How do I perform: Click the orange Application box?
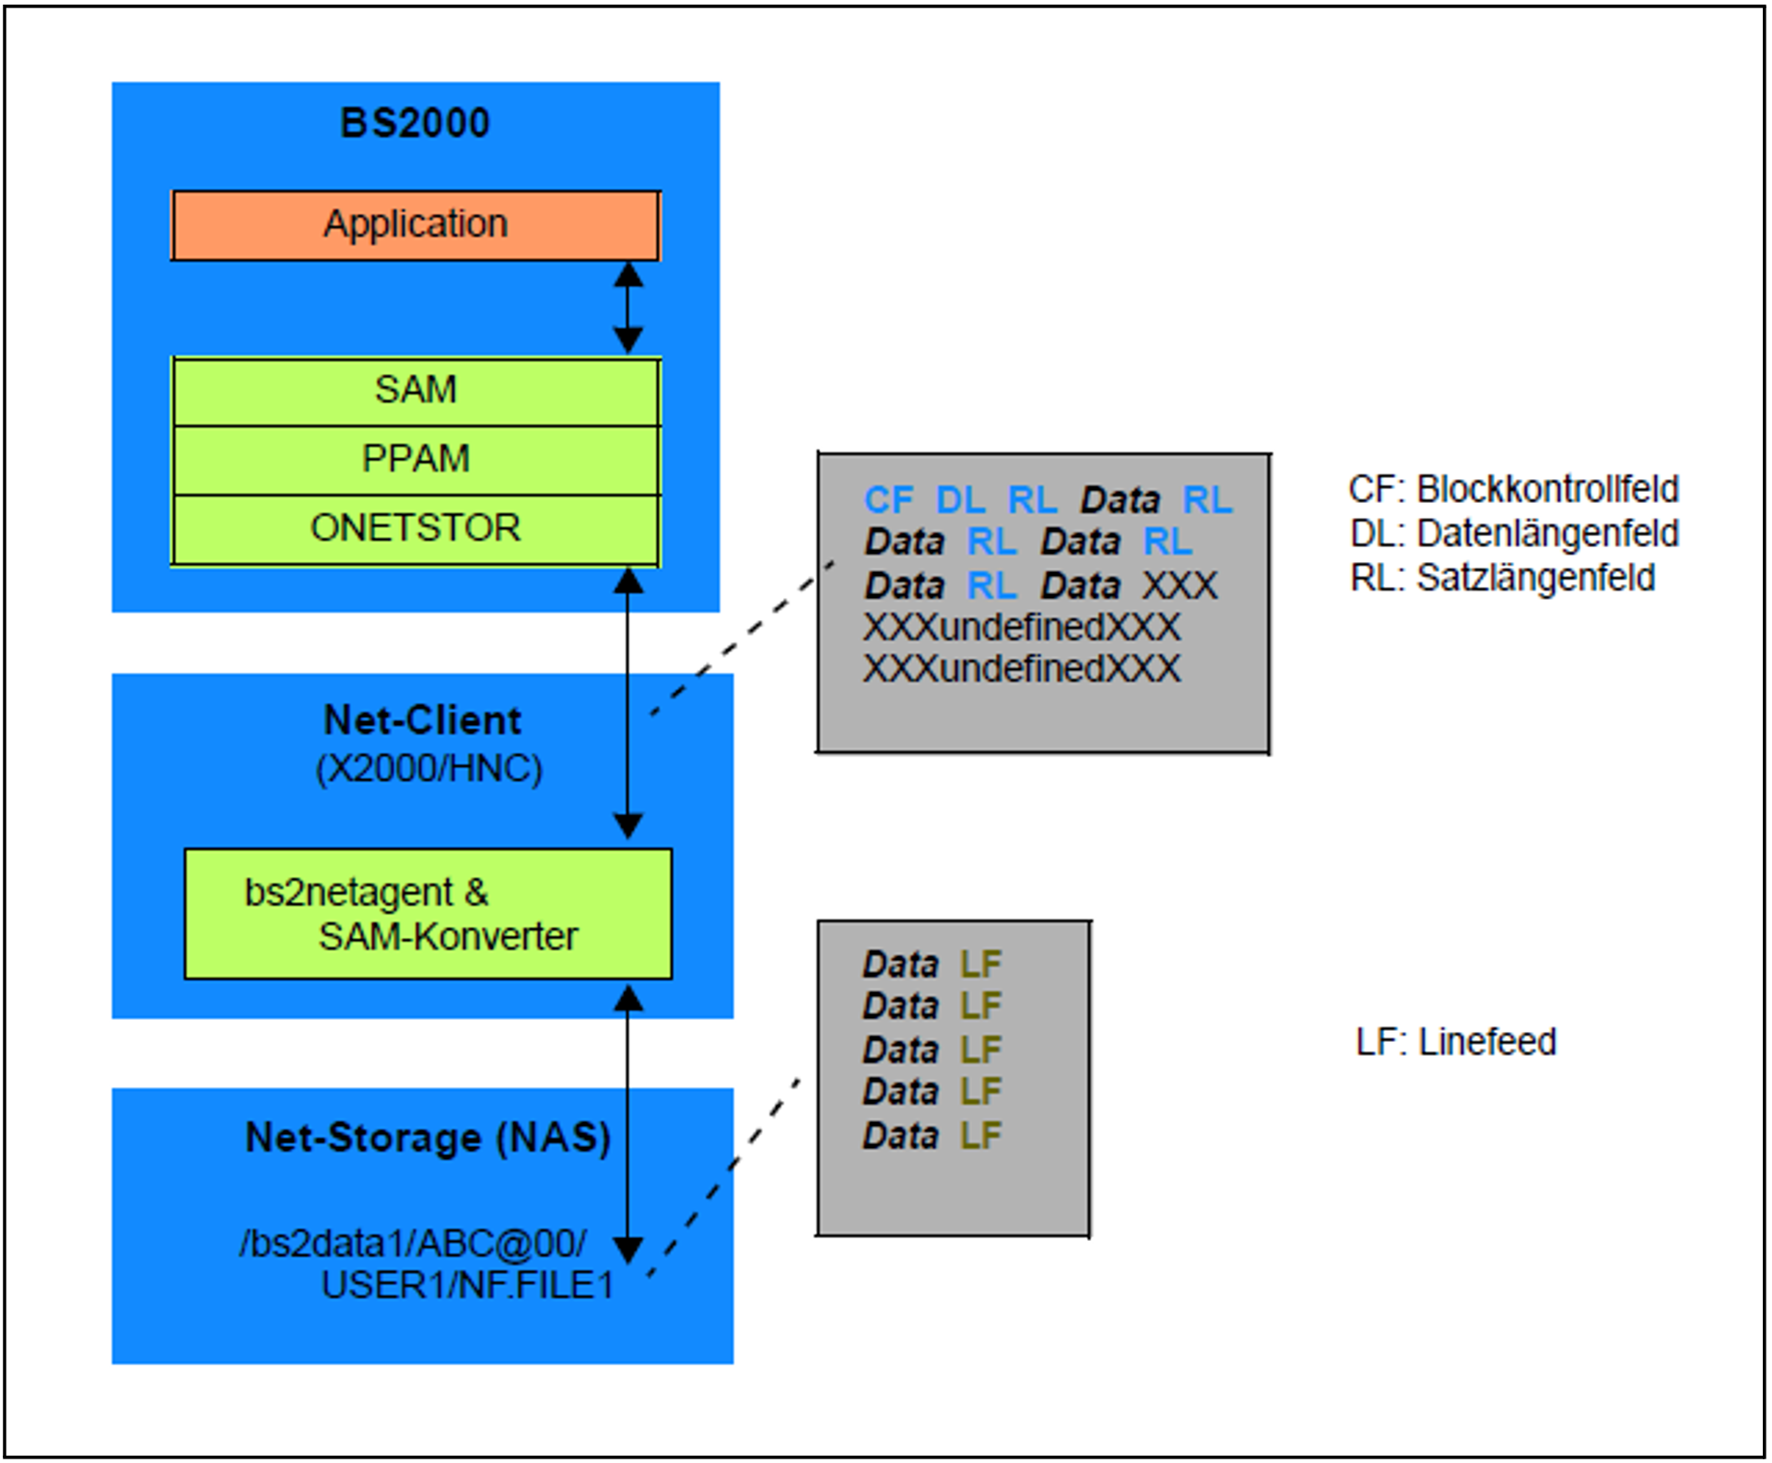pyautogui.click(x=416, y=226)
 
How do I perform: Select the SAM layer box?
pyautogui.click(x=416, y=391)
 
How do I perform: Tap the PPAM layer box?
pyautogui.click(x=416, y=460)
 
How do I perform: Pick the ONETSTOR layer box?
pyautogui.click(x=416, y=529)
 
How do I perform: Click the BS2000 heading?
pyautogui.click(x=416, y=123)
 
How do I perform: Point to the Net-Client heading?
pyautogui.click(x=423, y=720)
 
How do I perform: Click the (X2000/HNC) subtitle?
pyautogui.click(x=429, y=769)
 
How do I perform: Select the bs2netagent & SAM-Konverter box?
pyautogui.click(x=428, y=914)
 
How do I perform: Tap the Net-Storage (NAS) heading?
pyautogui.click(x=428, y=1138)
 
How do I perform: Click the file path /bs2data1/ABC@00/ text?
pyautogui.click(x=412, y=1245)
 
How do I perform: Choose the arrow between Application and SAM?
pyautogui.click(x=628, y=308)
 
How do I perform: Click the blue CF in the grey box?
pyautogui.click(x=888, y=501)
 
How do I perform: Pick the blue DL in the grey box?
pyautogui.click(x=960, y=501)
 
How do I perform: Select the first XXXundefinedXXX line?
pyautogui.click(x=1021, y=628)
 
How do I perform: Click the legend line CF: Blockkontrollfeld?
pyautogui.click(x=1513, y=490)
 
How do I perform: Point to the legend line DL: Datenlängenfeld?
pyautogui.click(x=1514, y=534)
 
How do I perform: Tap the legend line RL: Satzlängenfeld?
pyautogui.click(x=1502, y=579)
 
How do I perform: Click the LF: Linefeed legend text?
pyautogui.click(x=1456, y=1043)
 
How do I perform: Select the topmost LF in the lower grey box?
pyautogui.click(x=980, y=966)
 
